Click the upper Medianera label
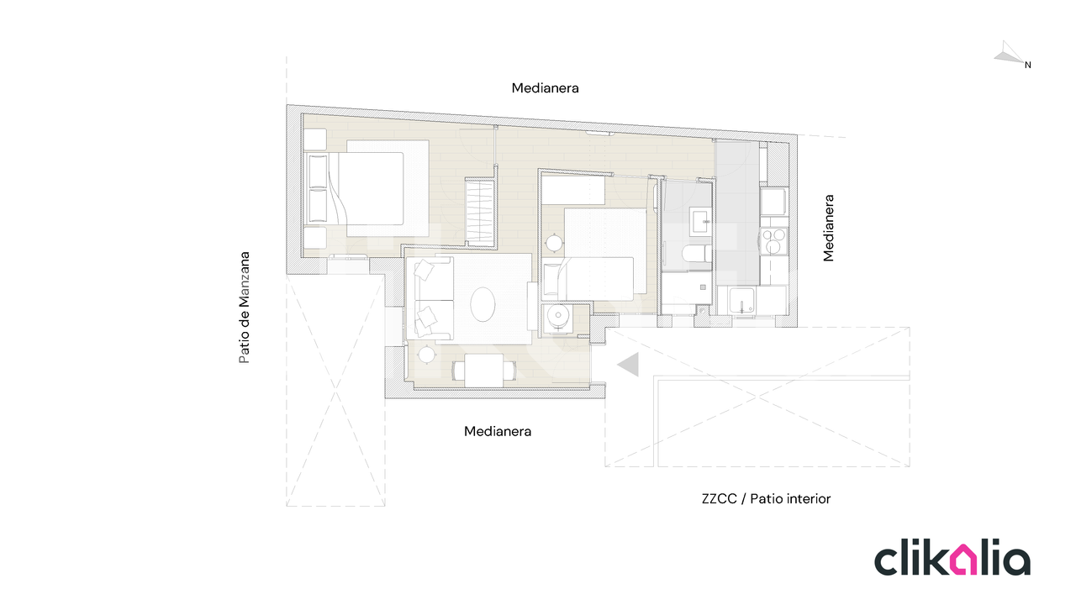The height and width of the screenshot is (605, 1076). coord(545,88)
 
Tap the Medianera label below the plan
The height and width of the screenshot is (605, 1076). coord(498,431)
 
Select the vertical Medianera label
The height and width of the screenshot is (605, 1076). coord(828,228)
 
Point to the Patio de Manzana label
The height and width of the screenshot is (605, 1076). coord(245,308)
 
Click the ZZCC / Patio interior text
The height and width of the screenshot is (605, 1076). coord(766,499)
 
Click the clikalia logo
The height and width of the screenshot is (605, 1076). coord(952,559)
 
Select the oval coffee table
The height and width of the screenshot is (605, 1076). coord(483,304)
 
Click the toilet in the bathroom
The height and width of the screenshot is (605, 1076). coord(696,253)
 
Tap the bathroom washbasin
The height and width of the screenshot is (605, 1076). coord(701,221)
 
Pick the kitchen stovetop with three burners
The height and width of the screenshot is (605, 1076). coord(773,240)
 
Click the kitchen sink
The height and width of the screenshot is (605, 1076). coord(741,301)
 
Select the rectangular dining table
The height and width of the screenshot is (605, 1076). coord(483,371)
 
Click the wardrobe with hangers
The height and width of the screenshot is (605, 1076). coord(480,213)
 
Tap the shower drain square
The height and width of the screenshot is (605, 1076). coord(704,287)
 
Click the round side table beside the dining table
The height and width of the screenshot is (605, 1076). coord(426,355)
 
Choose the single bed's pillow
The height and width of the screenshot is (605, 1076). coord(551,280)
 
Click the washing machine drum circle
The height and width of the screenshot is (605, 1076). coord(558,315)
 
